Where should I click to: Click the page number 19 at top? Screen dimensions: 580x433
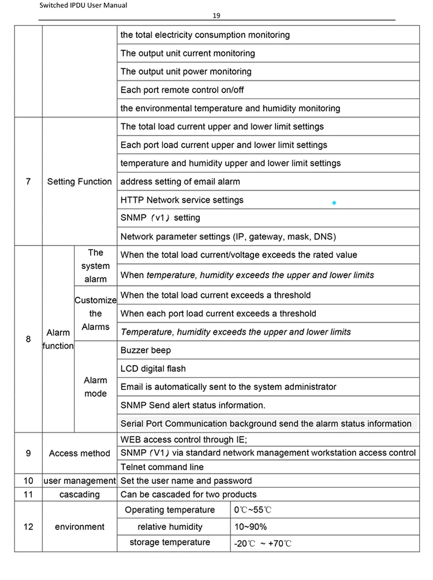tap(216, 16)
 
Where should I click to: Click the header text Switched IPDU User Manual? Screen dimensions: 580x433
tap(83, 6)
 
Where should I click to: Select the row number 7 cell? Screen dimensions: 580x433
tap(28, 182)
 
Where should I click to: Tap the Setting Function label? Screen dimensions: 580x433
tap(80, 182)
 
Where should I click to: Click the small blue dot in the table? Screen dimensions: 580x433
tap(334, 203)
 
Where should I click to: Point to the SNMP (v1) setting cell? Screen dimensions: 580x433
tap(160, 218)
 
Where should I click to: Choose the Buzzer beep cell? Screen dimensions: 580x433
tap(145, 350)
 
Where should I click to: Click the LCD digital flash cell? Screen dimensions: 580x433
tap(153, 368)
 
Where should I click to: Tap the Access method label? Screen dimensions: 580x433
tap(80, 453)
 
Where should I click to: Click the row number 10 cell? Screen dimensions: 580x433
tap(28, 481)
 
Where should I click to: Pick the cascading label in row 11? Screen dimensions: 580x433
tap(80, 495)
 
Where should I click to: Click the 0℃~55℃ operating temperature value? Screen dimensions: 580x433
tap(253, 510)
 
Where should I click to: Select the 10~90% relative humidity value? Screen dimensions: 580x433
tap(251, 527)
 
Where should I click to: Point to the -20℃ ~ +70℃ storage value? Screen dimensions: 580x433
tap(263, 544)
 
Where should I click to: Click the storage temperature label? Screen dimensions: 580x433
tap(170, 543)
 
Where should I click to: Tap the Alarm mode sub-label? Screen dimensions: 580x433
tap(95, 387)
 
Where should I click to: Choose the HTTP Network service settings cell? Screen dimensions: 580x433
tap(182, 200)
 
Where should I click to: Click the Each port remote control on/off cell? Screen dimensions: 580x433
tap(182, 90)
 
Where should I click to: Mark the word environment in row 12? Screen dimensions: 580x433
tap(80, 527)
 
